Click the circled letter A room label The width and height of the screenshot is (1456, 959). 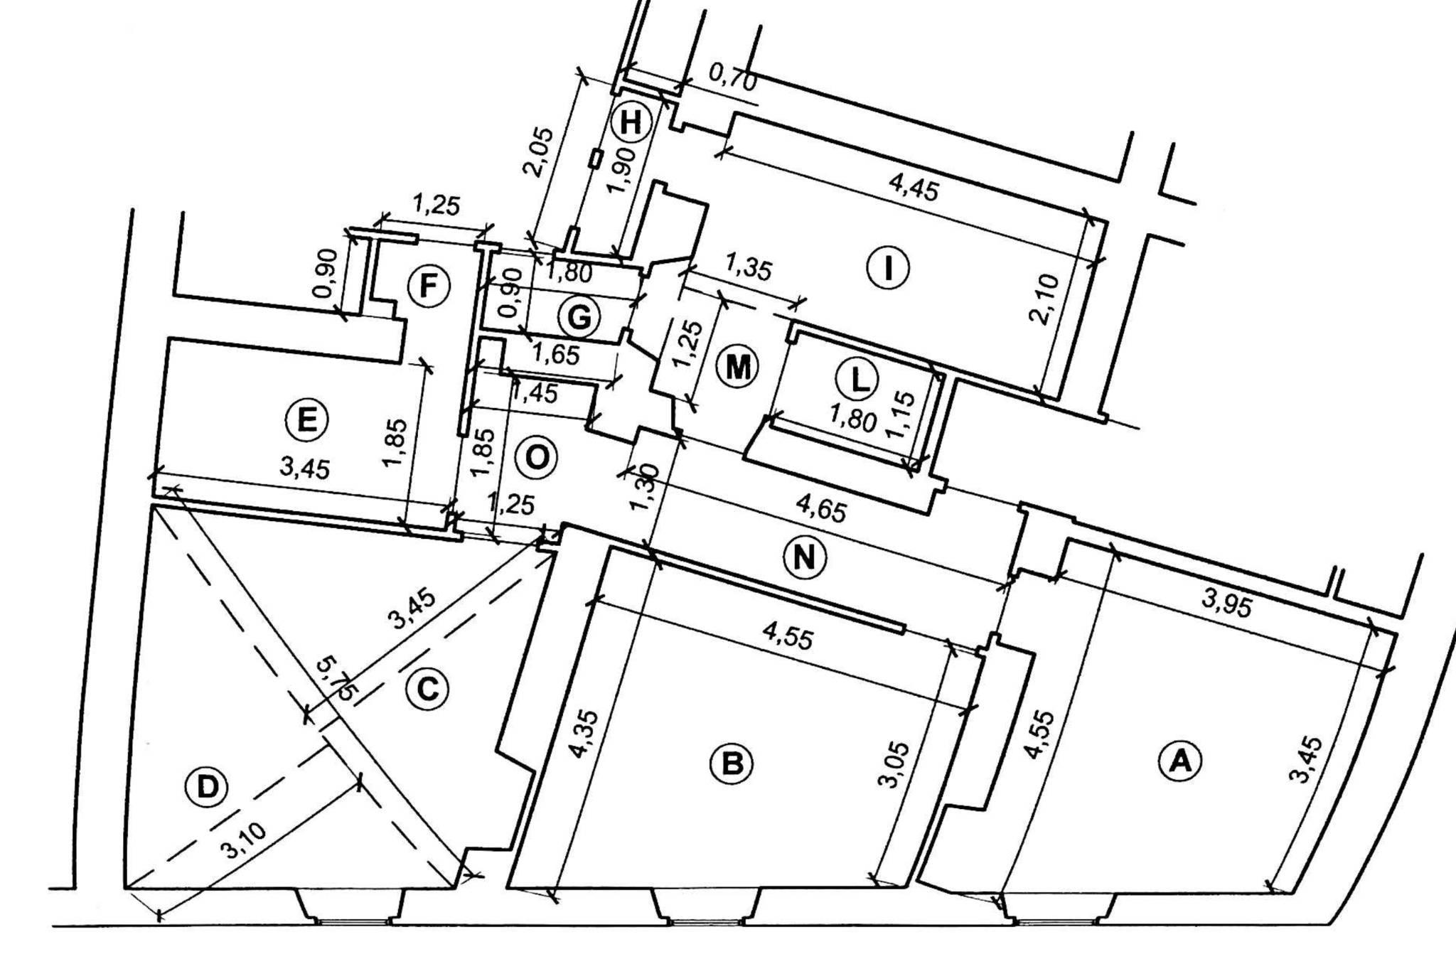coord(1180,761)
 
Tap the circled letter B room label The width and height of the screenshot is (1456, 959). coord(732,764)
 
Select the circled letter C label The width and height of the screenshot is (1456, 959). coord(427,688)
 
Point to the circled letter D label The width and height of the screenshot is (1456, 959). coord(205,788)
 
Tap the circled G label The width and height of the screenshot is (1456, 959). coord(579,317)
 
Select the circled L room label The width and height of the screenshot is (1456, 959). coord(860,380)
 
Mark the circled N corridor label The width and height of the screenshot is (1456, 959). coord(804,557)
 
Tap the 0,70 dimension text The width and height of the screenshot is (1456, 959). coord(733,77)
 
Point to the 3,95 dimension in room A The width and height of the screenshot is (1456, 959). coord(1226,604)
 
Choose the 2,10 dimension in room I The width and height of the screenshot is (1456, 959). coord(1049,299)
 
